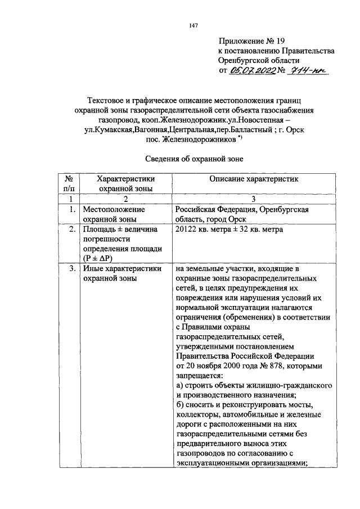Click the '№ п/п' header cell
[x=71, y=183]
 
